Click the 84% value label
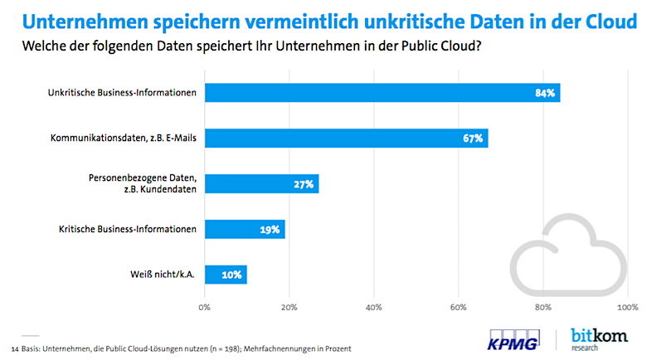coord(545,92)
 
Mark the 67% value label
coord(474,138)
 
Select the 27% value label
coord(304,183)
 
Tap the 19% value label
coord(270,229)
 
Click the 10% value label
coord(232,275)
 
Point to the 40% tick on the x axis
coord(373,307)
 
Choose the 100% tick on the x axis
coord(625,307)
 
